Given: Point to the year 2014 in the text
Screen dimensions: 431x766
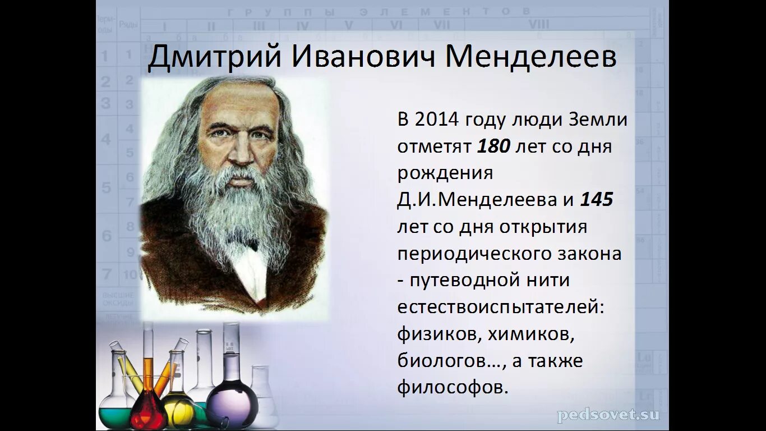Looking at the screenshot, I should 437,120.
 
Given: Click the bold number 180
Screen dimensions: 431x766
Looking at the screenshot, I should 493,147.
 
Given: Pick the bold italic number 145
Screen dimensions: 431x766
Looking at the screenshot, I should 596,200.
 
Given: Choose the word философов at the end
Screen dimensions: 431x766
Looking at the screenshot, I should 453,388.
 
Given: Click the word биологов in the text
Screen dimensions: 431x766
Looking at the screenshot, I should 449,361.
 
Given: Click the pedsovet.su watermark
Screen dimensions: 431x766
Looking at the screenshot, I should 608,415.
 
